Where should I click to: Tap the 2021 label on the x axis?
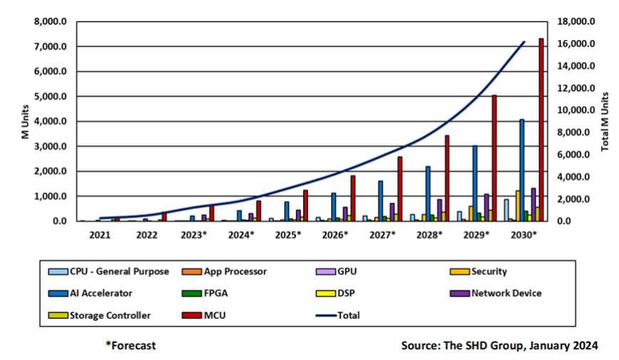tap(100, 235)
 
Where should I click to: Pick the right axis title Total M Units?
tap(605, 121)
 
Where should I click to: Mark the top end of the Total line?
tap(524, 42)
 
